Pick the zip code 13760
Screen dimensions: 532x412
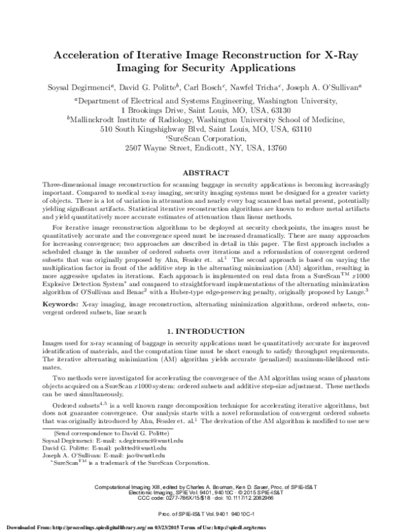pyautogui.click(x=273, y=148)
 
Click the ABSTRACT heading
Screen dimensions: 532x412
pyautogui.click(x=206, y=173)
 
